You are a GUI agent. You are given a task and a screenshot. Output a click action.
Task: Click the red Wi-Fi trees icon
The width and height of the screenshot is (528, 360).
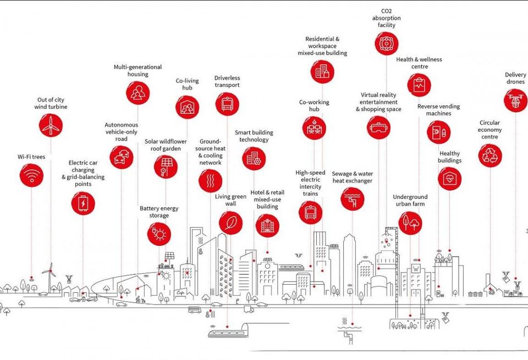(32, 175)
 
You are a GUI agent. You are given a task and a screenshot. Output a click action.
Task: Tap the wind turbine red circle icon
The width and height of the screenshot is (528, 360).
(51, 125)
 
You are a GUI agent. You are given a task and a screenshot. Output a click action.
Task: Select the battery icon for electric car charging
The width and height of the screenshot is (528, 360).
(83, 203)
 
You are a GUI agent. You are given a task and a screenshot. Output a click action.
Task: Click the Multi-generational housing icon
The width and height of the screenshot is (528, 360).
(137, 93)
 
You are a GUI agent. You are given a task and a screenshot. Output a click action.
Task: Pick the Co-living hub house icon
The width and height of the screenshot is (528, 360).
(187, 107)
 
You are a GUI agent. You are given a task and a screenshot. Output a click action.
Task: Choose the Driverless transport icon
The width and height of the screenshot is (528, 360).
(227, 104)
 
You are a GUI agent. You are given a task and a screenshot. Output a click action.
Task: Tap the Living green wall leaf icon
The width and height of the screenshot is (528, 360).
(230, 223)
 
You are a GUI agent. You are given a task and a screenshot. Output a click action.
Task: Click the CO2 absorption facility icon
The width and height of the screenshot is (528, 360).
(387, 43)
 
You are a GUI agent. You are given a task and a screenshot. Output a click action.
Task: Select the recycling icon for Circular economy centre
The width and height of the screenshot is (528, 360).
(490, 156)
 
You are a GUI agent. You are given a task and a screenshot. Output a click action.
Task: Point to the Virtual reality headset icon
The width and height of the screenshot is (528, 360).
(378, 127)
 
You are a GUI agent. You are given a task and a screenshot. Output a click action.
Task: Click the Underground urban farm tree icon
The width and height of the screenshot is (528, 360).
(410, 223)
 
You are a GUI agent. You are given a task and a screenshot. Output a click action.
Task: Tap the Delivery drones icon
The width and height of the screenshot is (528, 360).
(515, 100)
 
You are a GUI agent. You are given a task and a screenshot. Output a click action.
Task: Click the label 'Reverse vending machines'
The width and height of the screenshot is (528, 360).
(438, 110)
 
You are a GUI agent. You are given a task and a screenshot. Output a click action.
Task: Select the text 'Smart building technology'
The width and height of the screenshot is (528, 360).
(254, 136)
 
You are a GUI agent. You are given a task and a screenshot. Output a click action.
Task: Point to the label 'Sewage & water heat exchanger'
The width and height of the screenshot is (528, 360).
(352, 178)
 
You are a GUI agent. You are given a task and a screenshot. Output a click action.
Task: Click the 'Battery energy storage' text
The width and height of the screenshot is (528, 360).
(159, 212)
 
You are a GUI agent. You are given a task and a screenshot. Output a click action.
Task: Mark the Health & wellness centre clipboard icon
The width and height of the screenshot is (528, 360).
(419, 85)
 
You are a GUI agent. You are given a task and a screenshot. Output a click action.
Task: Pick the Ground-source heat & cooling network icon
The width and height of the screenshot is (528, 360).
(211, 181)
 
